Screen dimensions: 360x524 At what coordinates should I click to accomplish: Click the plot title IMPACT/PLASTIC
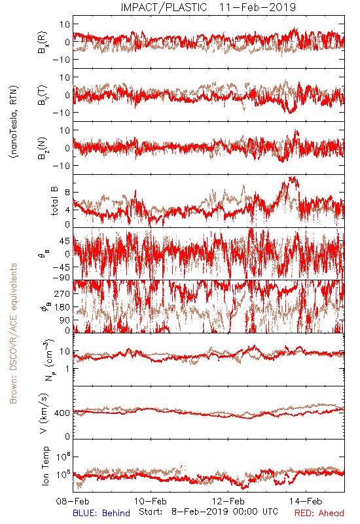[164, 7]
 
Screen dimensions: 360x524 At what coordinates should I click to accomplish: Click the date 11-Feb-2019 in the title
[257, 7]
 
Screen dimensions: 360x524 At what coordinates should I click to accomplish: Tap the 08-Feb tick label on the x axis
[73, 501]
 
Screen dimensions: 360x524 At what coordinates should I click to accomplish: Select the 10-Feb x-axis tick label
[151, 501]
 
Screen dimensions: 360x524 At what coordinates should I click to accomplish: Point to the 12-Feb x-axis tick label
[228, 501]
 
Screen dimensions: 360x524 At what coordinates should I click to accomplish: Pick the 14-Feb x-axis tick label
[306, 501]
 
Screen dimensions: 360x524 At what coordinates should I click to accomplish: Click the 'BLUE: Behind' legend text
[101, 513]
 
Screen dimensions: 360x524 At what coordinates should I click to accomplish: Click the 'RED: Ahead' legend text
[319, 513]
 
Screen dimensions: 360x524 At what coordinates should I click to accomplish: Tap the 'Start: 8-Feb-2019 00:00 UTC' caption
[208, 512]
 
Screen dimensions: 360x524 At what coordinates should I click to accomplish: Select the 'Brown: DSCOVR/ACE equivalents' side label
[13, 333]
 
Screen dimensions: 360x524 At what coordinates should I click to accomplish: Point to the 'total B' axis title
[54, 201]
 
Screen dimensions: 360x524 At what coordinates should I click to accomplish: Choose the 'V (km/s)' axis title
[44, 413]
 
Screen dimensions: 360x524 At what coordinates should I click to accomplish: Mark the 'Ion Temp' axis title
[45, 466]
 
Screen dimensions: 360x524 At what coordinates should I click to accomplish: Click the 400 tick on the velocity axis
[62, 413]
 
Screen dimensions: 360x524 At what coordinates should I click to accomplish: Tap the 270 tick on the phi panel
[62, 294]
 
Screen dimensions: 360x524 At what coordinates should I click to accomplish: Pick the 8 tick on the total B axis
[67, 192]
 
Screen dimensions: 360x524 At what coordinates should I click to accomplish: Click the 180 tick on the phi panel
[62, 307]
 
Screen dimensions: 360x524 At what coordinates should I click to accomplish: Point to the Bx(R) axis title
[43, 43]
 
